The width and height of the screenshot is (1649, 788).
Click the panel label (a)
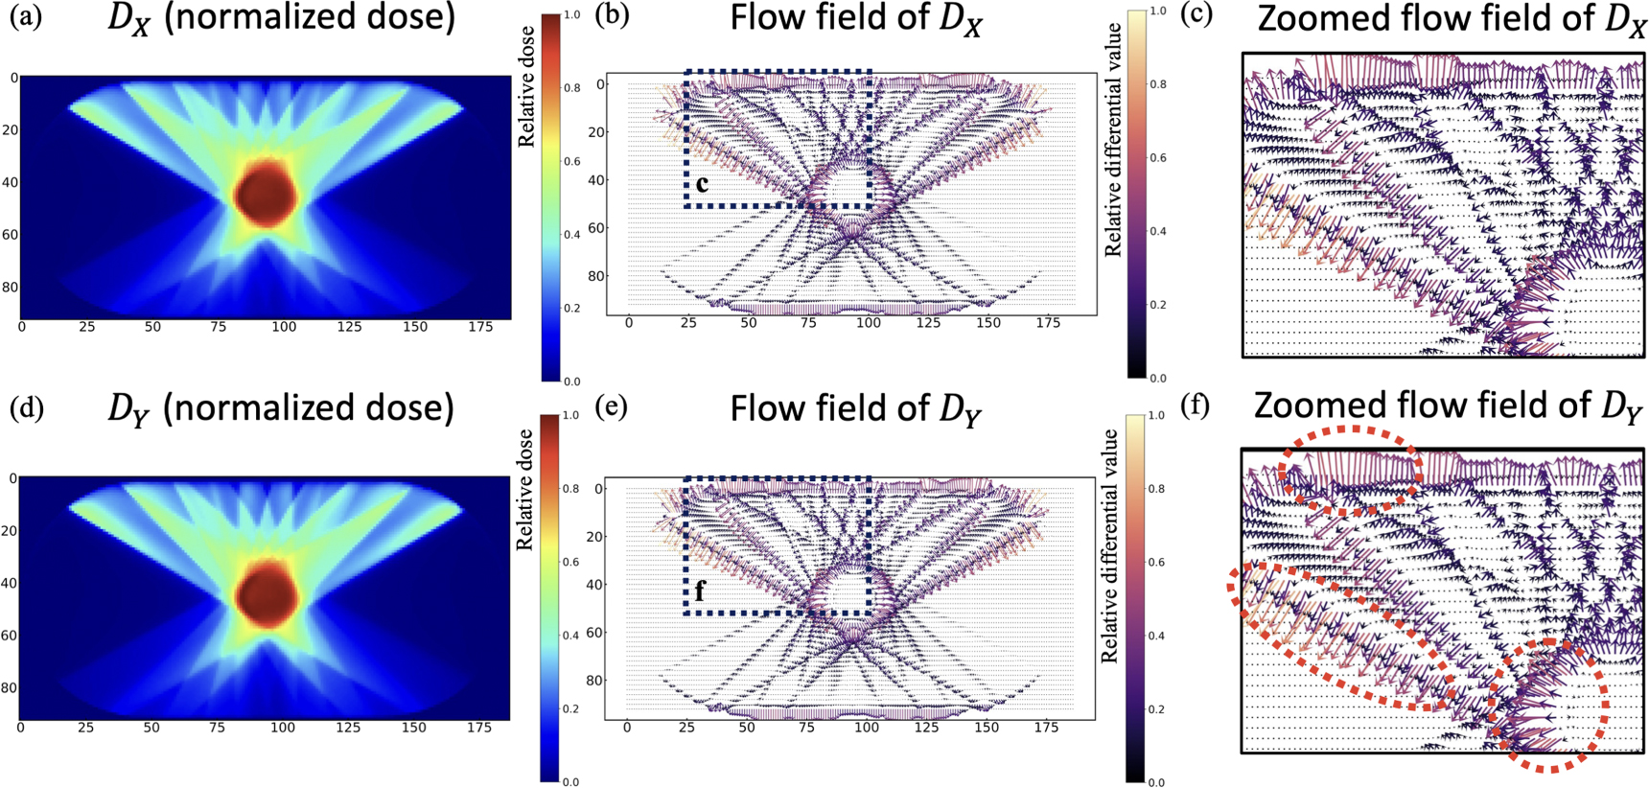pyautogui.click(x=25, y=17)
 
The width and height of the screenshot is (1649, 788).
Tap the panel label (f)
pyautogui.click(x=1195, y=406)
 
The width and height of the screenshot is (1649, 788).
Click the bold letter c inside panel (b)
pyautogui.click(x=703, y=183)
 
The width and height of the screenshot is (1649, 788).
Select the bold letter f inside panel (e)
pyautogui.click(x=700, y=591)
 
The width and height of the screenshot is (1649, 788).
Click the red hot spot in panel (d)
pyautogui.click(x=266, y=594)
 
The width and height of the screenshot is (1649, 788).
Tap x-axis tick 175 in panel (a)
pyautogui.click(x=479, y=327)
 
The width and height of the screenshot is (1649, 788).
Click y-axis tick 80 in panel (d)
pyautogui.click(x=10, y=687)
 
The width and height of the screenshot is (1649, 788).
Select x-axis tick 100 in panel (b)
pyautogui.click(x=868, y=323)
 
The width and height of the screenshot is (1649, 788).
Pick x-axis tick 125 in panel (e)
pyautogui.click(x=926, y=728)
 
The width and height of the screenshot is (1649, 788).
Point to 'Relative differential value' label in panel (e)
pyautogui.click(x=1110, y=546)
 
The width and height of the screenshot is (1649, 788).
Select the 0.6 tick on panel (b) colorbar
pyautogui.click(x=1157, y=158)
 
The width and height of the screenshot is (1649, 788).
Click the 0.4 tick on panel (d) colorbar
pyautogui.click(x=570, y=636)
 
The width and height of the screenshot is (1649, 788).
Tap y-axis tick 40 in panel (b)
pyautogui.click(x=597, y=180)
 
